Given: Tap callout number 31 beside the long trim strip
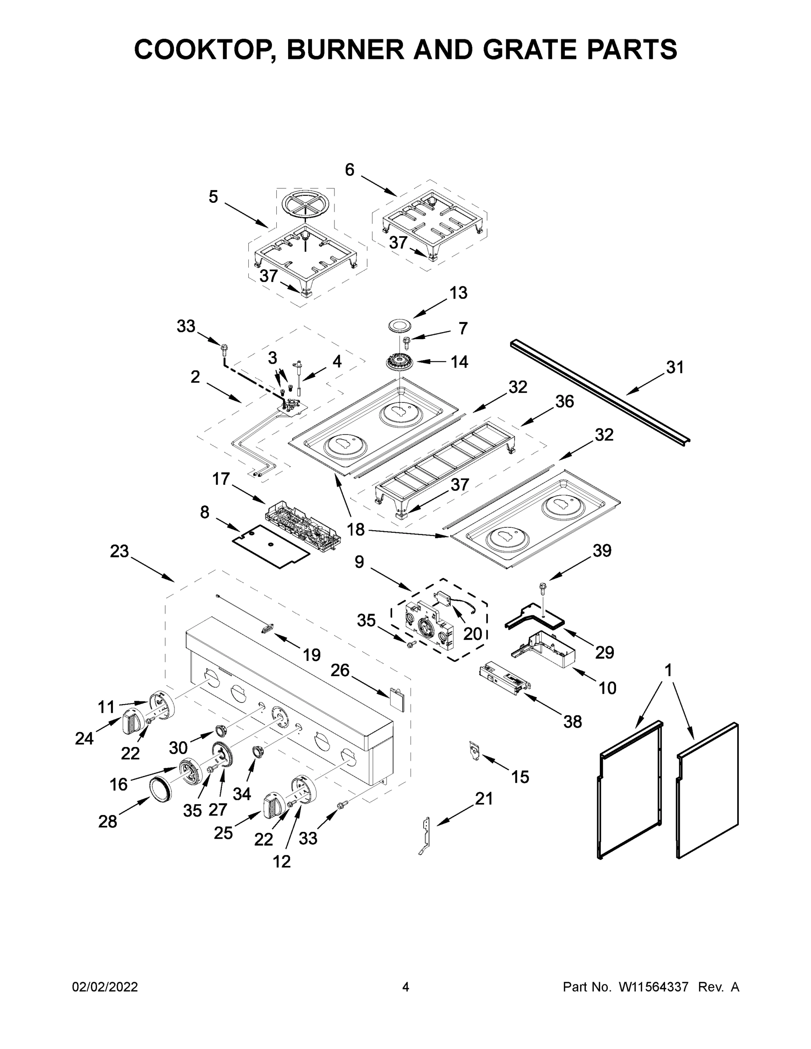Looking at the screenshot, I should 675,368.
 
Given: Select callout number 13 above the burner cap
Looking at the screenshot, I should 458,292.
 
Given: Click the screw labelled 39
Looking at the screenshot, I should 543,587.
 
